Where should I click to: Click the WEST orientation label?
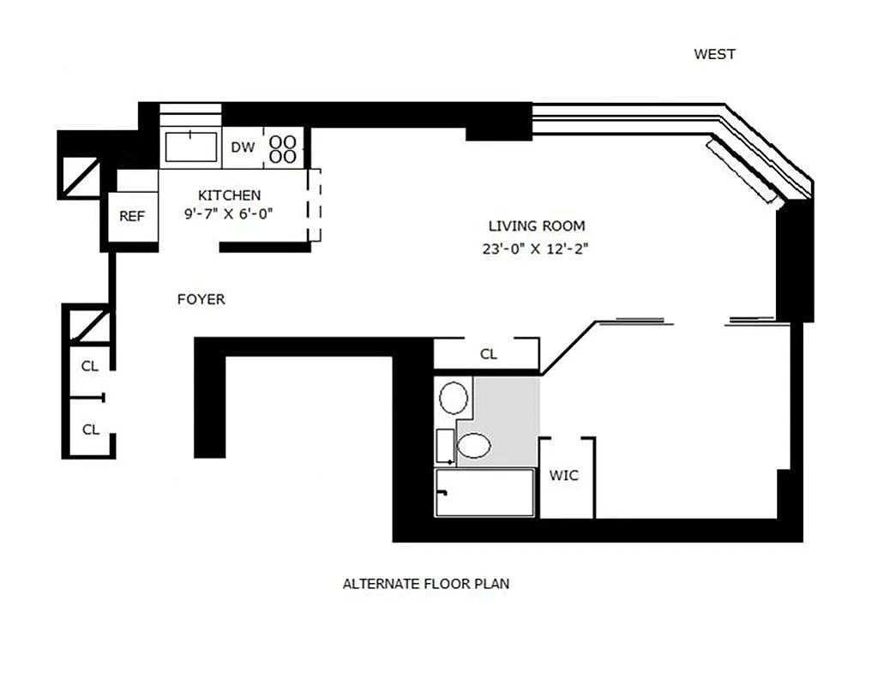pyautogui.click(x=714, y=54)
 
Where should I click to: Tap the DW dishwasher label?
pyautogui.click(x=243, y=147)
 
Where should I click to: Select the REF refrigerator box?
pyautogui.click(x=132, y=217)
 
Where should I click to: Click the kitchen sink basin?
pyautogui.click(x=191, y=147)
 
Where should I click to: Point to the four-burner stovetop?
pyautogui.click(x=283, y=148)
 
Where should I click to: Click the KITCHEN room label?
pyautogui.click(x=230, y=195)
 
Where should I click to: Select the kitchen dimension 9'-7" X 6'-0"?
pyautogui.click(x=228, y=213)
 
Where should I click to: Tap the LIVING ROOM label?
pyautogui.click(x=537, y=226)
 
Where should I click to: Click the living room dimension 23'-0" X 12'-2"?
pyautogui.click(x=535, y=249)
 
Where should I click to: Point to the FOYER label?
pyautogui.click(x=201, y=299)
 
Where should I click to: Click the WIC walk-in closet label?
pyautogui.click(x=564, y=476)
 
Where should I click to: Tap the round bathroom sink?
pyautogui.click(x=454, y=398)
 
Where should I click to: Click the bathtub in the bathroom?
pyautogui.click(x=484, y=493)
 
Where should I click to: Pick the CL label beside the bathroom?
pyautogui.click(x=488, y=354)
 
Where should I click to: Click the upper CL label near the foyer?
pyautogui.click(x=89, y=366)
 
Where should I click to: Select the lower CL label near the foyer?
pyautogui.click(x=91, y=430)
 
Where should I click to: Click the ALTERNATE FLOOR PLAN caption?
pyautogui.click(x=426, y=584)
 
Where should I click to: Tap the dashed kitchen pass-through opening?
pyautogui.click(x=314, y=205)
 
